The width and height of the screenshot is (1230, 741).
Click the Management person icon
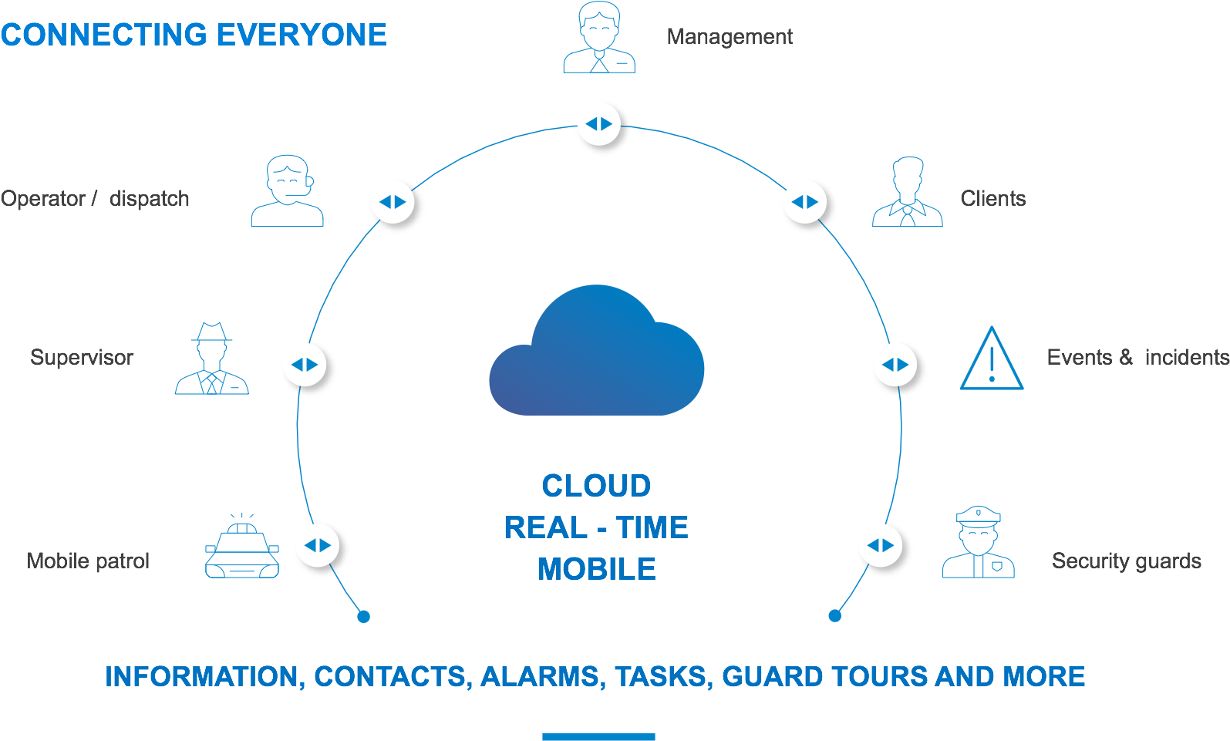point(599,39)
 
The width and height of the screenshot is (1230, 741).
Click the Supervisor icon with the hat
point(212,359)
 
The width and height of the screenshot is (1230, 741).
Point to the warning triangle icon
point(992,359)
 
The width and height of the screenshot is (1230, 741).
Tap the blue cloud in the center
point(597,353)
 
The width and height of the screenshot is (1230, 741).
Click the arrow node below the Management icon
point(599,123)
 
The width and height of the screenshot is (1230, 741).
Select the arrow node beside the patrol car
point(318,545)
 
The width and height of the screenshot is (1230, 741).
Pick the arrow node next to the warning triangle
point(895,365)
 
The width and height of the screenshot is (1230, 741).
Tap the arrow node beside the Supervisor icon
point(305,365)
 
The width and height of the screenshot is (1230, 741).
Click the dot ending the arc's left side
point(364,616)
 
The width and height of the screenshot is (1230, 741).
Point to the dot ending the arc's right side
point(834,615)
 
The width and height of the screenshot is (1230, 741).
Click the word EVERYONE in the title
point(302,35)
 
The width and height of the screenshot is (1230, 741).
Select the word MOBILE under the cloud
point(596,569)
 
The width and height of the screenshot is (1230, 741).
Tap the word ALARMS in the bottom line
point(540,676)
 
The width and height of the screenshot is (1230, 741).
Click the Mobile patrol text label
point(88,561)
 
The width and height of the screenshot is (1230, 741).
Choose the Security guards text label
point(1126,561)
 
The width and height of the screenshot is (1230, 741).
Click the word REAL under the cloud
point(546,527)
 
